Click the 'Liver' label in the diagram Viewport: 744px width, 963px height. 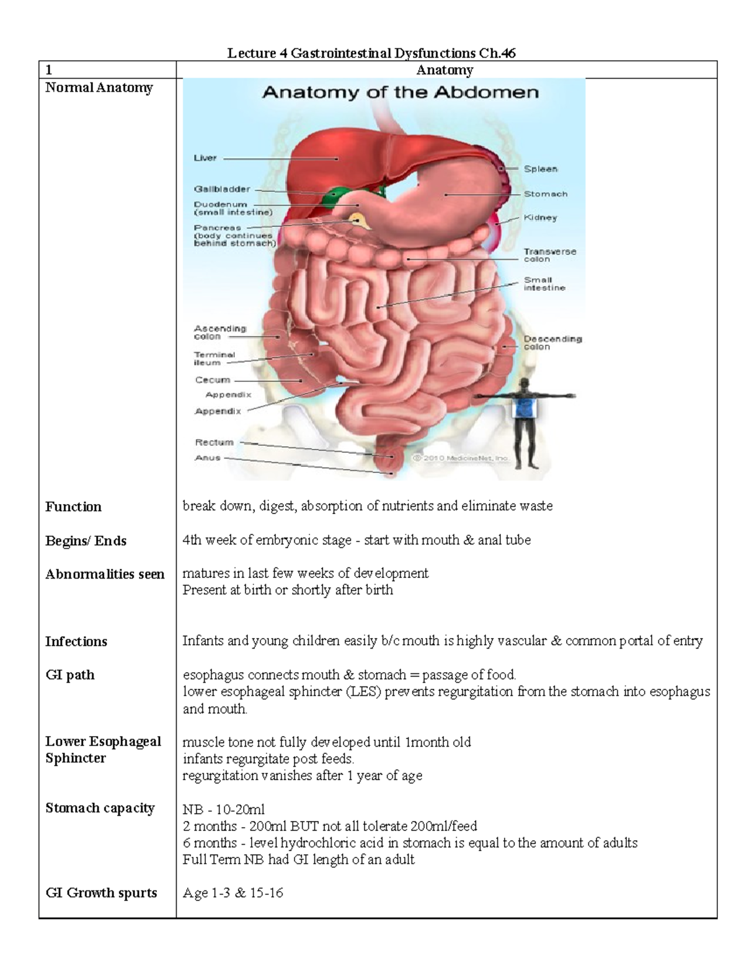pos(205,158)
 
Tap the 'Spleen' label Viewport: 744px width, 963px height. pos(541,169)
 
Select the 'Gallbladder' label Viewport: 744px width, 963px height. pos(222,189)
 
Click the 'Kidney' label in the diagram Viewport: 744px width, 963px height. pos(541,218)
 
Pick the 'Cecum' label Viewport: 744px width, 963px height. pos(213,379)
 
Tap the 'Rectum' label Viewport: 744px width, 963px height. pos(215,442)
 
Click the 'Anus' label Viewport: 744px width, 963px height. pos(208,458)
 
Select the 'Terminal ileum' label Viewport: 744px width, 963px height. pos(215,358)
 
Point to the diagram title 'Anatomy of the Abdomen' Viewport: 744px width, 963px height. pos(401,93)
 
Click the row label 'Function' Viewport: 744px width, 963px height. pos(73,507)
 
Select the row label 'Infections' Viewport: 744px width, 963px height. pos(76,641)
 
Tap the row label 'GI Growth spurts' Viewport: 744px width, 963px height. pos(101,893)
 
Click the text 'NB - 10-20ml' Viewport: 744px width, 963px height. pos(223,809)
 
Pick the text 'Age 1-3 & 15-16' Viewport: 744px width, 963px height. pos(232,893)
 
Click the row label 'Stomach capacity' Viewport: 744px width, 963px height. pos(100,808)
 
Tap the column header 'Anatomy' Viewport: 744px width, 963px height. pos(445,70)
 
